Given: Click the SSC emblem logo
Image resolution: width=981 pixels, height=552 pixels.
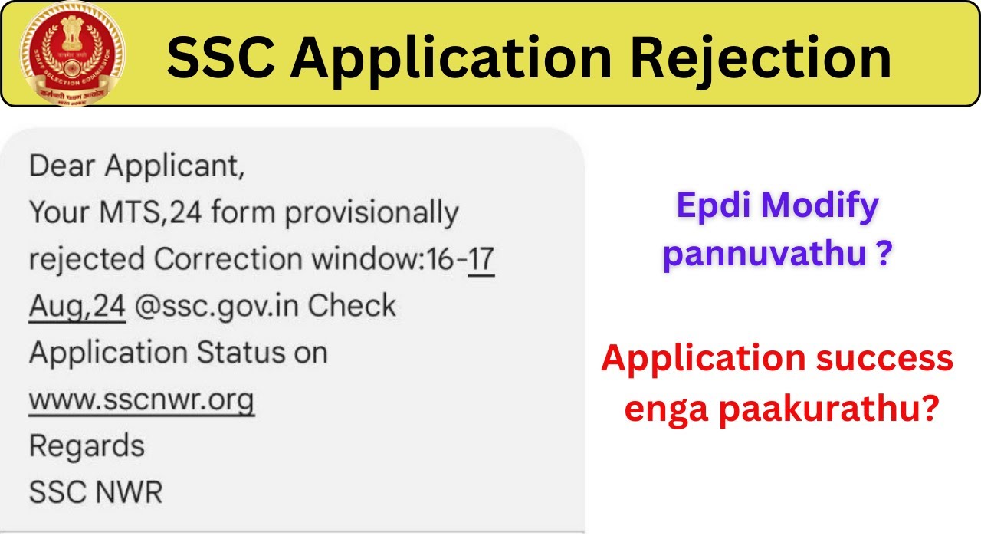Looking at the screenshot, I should [x=72, y=54].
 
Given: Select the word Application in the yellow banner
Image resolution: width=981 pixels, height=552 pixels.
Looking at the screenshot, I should [x=452, y=58].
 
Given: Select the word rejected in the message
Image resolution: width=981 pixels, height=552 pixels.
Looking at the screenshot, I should [x=86, y=259].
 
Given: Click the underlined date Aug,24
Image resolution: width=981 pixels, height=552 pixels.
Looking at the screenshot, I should [x=77, y=306].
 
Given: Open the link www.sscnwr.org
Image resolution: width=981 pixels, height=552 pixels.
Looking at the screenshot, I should [x=141, y=399].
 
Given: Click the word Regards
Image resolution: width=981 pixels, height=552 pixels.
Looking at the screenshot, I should [x=86, y=447].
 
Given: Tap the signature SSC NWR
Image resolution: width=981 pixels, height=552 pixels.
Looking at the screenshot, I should [x=96, y=493].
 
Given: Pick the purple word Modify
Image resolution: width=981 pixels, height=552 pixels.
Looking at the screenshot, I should [x=822, y=207].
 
